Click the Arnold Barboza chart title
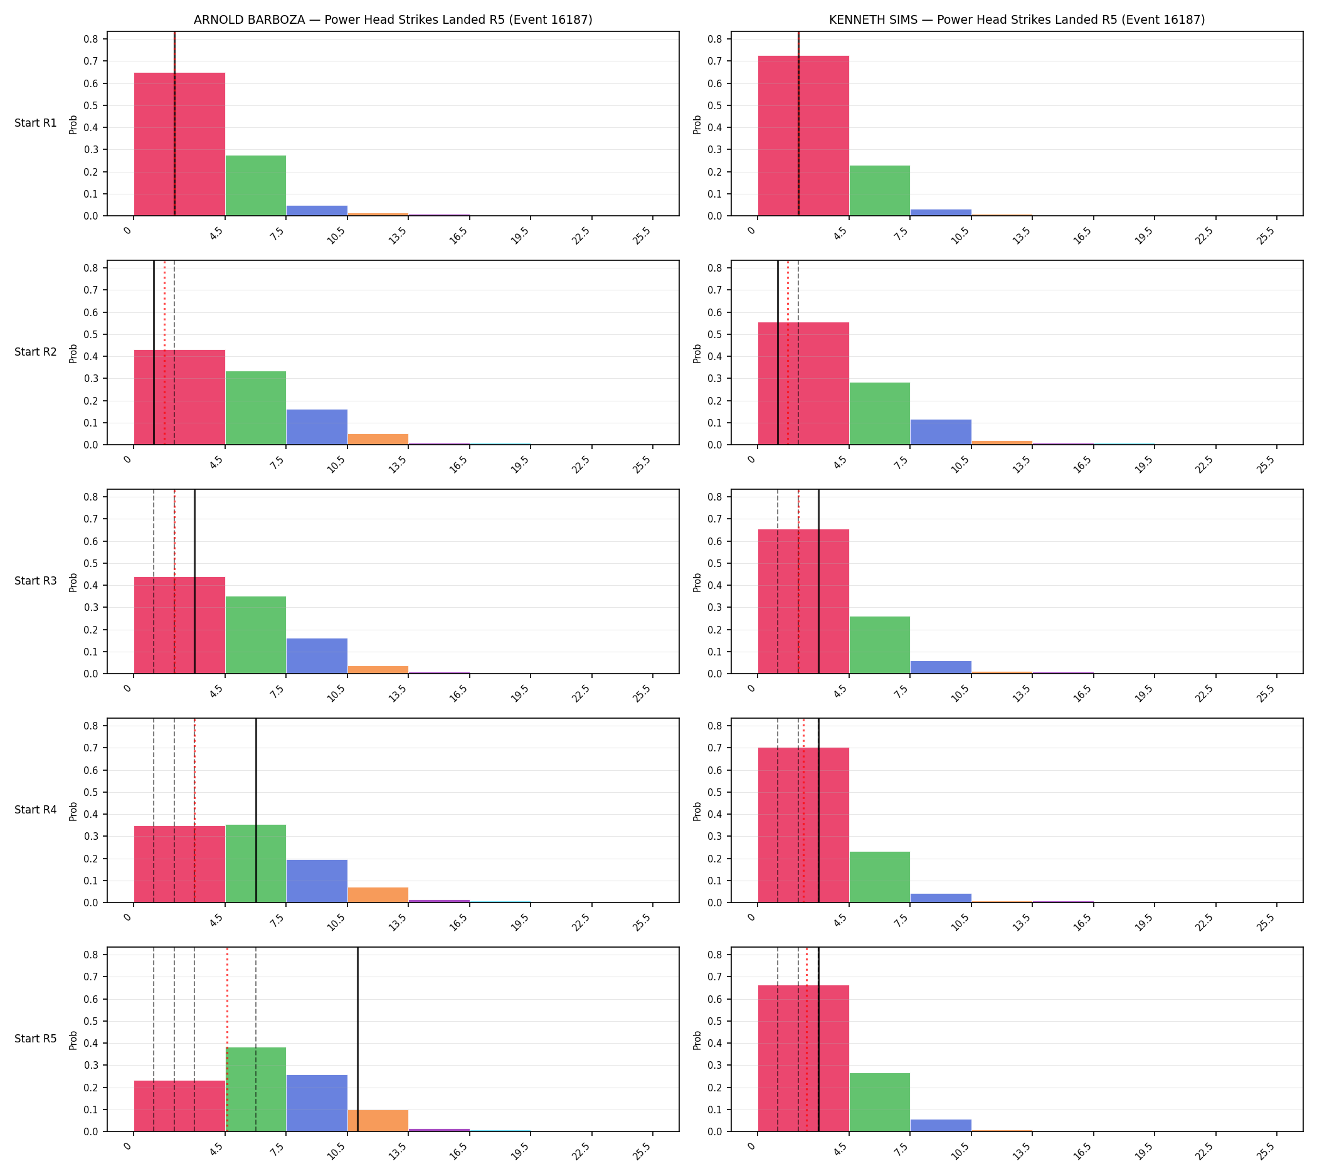pos(393,19)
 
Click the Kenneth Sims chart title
pos(1017,19)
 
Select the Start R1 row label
pos(36,123)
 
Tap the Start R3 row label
pos(36,581)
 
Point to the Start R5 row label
pos(36,1039)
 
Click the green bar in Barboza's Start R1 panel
pos(256,186)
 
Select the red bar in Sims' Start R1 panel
pos(803,135)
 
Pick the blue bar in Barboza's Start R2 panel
pos(317,427)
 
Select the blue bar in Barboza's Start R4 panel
pos(317,881)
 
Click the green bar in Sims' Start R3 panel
pos(879,645)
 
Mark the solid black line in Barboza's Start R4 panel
pos(256,810)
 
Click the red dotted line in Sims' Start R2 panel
pos(788,352)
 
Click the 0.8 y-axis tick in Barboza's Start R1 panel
pos(90,39)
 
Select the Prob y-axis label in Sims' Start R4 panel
pos(697,811)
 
